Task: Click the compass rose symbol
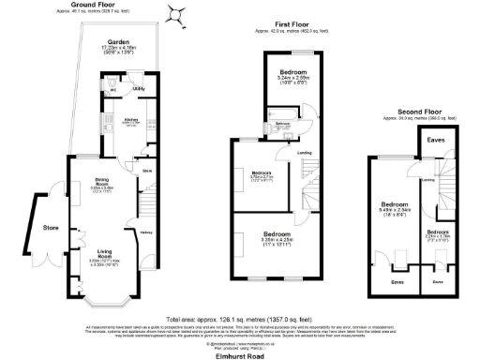click(x=173, y=13)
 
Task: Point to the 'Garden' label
click(x=117, y=42)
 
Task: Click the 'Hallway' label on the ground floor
click(x=146, y=232)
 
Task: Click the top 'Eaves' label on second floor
click(x=435, y=140)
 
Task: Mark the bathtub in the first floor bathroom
click(x=280, y=132)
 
